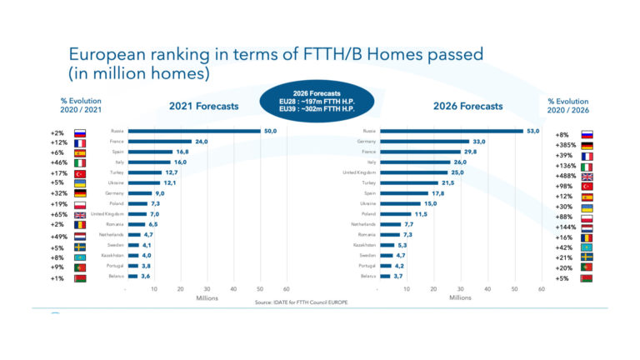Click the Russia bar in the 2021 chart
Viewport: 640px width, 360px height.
193,132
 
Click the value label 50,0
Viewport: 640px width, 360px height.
271,132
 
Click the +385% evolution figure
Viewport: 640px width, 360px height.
567,144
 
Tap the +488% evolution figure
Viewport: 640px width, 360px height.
567,176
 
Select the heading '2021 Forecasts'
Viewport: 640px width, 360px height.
204,106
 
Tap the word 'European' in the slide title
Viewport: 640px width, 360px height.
109,56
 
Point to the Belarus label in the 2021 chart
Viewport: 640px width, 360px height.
117,276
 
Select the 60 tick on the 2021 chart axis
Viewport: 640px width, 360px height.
287,289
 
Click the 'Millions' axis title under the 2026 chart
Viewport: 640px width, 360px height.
460,297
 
